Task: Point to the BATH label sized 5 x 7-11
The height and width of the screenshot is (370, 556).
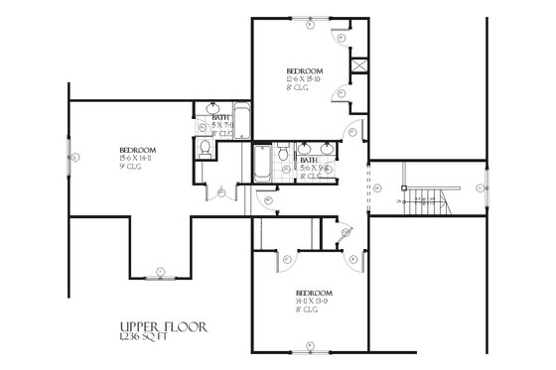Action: click(x=222, y=120)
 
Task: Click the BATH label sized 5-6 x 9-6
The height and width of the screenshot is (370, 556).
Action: click(x=309, y=160)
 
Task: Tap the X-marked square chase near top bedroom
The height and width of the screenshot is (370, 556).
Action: click(x=358, y=69)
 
